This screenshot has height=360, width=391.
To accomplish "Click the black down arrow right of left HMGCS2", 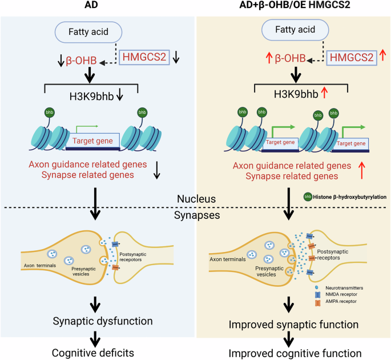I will [x=176, y=57].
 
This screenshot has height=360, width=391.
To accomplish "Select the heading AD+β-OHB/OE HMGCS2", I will [x=292, y=6].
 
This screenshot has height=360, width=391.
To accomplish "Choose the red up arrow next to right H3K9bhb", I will [x=326, y=95].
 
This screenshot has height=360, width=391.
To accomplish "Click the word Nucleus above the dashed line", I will [x=196, y=199].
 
